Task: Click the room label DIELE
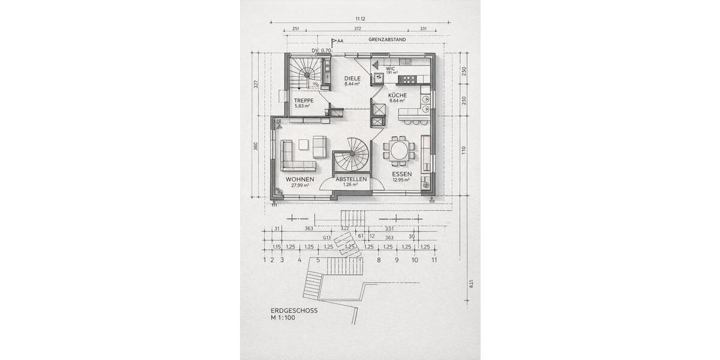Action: [x=352, y=79]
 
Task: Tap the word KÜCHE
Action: [x=398, y=95]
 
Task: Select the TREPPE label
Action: [x=302, y=100]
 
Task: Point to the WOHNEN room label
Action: [x=299, y=179]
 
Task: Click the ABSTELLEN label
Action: [x=351, y=179]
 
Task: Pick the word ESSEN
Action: [x=401, y=174]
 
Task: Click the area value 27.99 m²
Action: [x=300, y=185]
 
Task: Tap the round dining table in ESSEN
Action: [x=399, y=151]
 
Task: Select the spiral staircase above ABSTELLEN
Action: [x=354, y=154]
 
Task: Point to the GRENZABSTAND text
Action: [x=387, y=40]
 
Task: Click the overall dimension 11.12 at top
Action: [x=359, y=19]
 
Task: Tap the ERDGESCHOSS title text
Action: [x=294, y=311]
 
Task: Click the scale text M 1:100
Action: [x=283, y=319]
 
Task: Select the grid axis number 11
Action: [x=434, y=260]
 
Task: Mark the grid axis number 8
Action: [x=379, y=260]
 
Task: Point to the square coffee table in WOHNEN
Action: [x=304, y=143]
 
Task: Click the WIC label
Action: [x=391, y=68]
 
